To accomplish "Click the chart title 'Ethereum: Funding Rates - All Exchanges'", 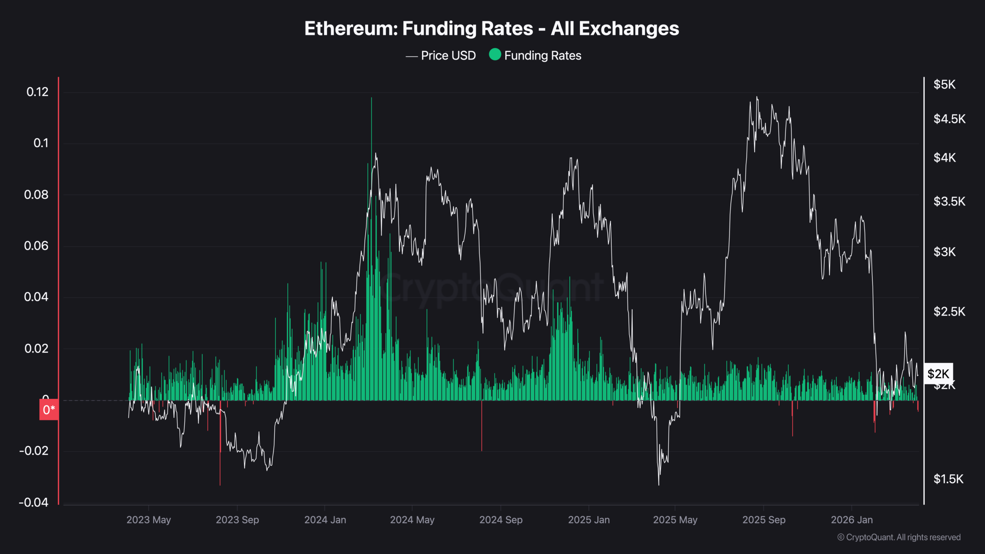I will (x=492, y=28).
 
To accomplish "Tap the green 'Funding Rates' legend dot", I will (x=495, y=55).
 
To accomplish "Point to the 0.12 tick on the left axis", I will (x=37, y=92).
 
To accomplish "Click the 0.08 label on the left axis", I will (x=36, y=195).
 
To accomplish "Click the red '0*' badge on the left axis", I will (x=49, y=410).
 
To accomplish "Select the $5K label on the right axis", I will (x=944, y=85).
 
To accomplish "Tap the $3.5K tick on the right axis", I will (x=949, y=202).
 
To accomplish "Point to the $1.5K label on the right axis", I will (x=948, y=479).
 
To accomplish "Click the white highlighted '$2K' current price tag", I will (x=938, y=374).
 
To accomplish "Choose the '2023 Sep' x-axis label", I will (x=237, y=520).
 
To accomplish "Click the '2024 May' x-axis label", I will (x=412, y=520).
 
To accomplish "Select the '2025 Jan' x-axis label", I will (x=589, y=520).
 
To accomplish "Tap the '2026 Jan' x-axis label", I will (x=851, y=520).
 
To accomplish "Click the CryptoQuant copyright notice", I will (x=899, y=537).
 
